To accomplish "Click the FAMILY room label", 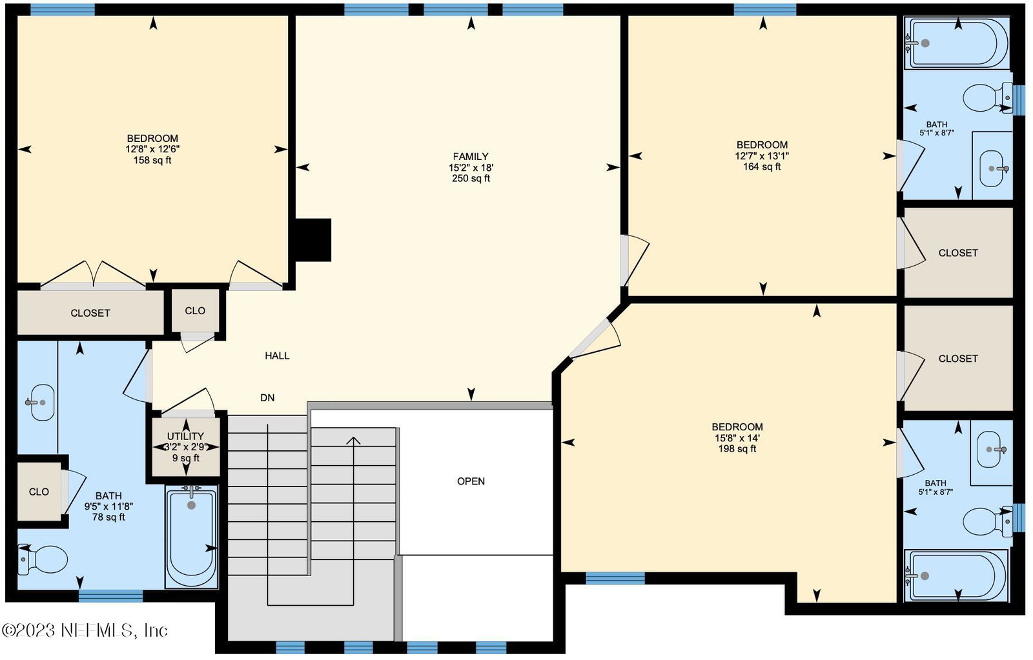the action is [471, 157].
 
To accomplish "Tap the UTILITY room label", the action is [185, 436].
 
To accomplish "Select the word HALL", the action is [277, 356].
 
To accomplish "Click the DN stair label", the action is [267, 398].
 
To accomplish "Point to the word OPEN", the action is [471, 481].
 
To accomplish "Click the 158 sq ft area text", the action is [152, 161].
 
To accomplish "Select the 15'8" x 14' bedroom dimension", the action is [737, 438].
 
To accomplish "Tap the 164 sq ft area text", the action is [762, 167].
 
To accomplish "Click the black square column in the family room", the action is [313, 240].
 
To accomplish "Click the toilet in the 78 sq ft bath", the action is [43, 559].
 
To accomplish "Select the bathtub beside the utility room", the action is [191, 537].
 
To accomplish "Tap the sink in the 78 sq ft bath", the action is [40, 403].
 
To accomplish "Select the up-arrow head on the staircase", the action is [354, 441].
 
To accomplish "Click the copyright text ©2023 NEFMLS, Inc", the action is [85, 630].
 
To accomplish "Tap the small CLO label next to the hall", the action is [195, 311].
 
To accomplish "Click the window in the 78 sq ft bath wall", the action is [110, 596].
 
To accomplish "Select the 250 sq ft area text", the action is [471, 178].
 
